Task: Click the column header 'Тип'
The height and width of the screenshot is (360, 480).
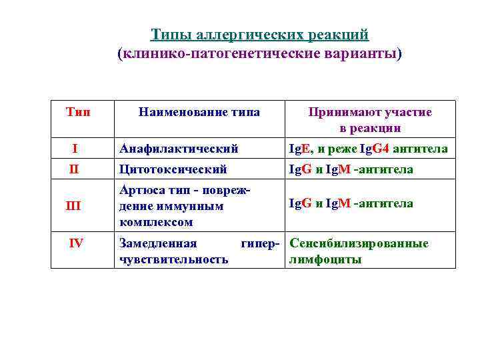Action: coord(79,112)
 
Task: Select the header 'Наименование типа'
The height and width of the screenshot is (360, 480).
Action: coord(199,112)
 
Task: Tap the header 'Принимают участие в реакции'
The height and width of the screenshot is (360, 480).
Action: coord(370,120)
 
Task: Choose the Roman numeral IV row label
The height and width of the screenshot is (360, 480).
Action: coord(77,243)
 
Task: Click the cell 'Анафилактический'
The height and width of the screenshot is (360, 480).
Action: coord(178,149)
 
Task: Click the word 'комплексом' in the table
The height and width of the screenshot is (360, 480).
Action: coord(155,222)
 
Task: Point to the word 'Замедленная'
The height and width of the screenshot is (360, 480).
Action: coord(157,243)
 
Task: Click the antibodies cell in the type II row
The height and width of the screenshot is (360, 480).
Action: coord(351,169)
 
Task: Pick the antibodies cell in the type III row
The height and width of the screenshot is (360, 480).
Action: coord(351,203)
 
